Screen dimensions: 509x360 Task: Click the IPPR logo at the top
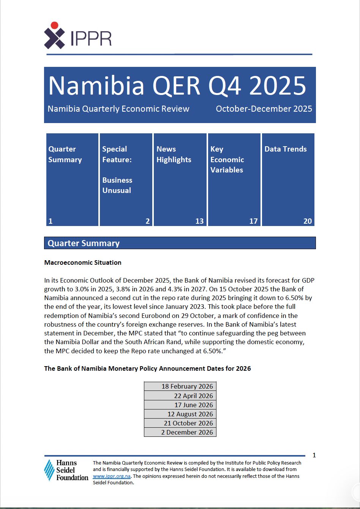click(78, 36)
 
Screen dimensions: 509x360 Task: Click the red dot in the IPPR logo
click(54, 25)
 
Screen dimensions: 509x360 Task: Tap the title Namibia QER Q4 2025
click(177, 85)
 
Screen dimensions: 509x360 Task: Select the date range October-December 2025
click(264, 109)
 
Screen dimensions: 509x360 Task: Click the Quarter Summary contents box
click(72, 179)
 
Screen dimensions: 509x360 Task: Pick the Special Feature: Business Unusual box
click(126, 179)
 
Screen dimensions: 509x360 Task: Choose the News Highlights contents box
click(180, 179)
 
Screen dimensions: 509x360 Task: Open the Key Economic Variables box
click(234, 179)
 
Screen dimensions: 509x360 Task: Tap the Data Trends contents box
click(288, 179)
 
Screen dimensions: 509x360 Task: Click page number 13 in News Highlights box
click(199, 221)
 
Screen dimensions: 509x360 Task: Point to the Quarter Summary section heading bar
click(180, 243)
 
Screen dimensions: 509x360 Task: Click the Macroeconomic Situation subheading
click(83, 262)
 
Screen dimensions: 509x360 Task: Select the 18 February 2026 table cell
click(180, 386)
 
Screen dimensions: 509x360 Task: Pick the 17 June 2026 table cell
click(180, 405)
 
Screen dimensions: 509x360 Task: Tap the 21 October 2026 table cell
click(180, 423)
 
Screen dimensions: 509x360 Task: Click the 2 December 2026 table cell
click(180, 432)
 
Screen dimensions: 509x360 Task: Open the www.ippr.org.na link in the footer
click(112, 476)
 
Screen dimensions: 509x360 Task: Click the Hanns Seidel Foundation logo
click(66, 470)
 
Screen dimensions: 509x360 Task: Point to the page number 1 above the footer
click(314, 455)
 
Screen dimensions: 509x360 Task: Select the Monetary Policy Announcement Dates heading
click(147, 368)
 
